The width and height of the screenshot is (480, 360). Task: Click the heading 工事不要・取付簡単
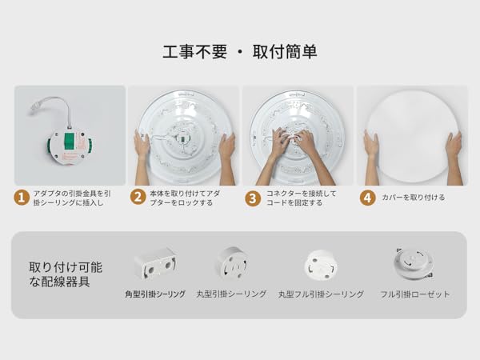[x=239, y=52]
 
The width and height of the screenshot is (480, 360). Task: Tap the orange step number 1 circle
[x=22, y=197]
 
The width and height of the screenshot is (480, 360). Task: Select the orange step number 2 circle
[x=138, y=197]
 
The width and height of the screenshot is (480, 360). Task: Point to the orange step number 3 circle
[x=252, y=197]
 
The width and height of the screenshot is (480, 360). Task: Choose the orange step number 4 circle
[x=367, y=197]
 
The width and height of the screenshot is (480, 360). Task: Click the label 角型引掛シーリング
[x=155, y=294]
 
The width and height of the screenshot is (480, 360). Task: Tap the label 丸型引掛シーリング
[x=231, y=294]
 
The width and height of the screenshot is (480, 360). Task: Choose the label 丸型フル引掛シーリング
[x=321, y=294]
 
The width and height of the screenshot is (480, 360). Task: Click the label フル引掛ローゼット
[x=414, y=294]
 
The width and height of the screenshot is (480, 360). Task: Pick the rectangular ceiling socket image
[x=155, y=262]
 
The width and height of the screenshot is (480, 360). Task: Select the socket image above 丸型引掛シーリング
[x=231, y=262]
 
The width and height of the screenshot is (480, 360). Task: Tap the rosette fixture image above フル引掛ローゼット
[x=413, y=262]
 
